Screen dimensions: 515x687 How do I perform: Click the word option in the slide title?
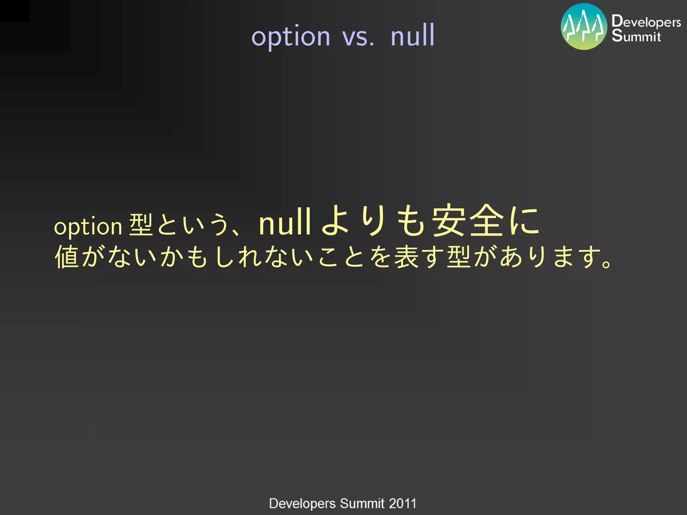point(291,37)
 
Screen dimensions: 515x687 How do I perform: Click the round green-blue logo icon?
point(584,26)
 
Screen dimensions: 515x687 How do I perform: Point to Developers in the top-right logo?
point(646,21)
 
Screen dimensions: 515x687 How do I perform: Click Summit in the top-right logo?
point(636,36)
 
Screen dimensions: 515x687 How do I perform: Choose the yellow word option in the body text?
point(88,227)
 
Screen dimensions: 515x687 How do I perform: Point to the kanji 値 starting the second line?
point(67,257)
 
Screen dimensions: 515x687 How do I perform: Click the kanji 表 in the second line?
point(406,257)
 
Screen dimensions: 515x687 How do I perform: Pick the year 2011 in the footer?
point(403,503)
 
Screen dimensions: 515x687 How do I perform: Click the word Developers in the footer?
point(302,504)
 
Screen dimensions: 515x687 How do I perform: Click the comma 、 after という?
point(235,231)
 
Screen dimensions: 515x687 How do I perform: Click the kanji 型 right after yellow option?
point(141,225)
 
